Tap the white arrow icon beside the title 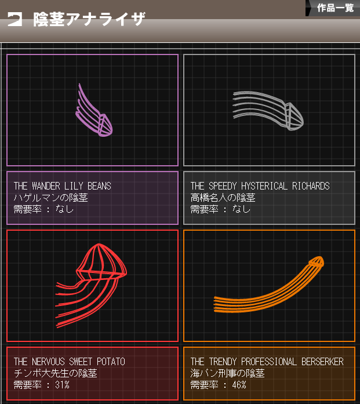click(x=14, y=19)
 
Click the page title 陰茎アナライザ click(x=89, y=19)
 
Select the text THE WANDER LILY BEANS click(x=63, y=185)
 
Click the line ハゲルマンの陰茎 click(x=51, y=198)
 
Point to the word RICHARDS click(x=311, y=185)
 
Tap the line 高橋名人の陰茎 click(x=223, y=198)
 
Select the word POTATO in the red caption click(x=111, y=362)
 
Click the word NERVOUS click(x=48, y=362)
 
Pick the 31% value click(x=62, y=385)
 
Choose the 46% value click(x=239, y=385)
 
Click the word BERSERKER click(x=322, y=362)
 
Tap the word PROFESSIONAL click(x=269, y=362)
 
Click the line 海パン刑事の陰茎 click(x=228, y=373)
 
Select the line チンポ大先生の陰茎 click(x=56, y=373)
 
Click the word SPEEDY click(x=223, y=185)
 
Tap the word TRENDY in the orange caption click(x=223, y=362)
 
